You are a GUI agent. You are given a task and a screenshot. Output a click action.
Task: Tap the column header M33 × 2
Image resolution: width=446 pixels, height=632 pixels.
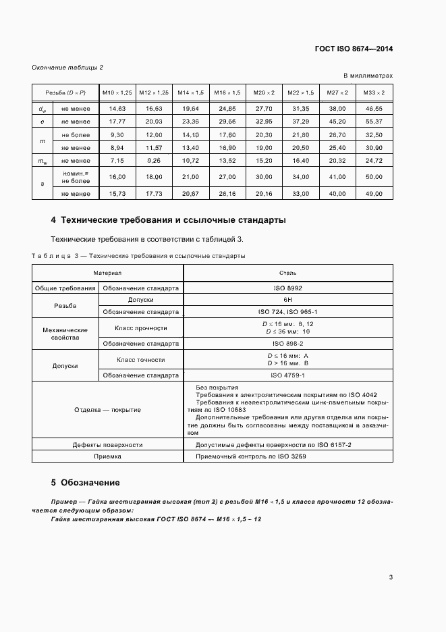(374, 92)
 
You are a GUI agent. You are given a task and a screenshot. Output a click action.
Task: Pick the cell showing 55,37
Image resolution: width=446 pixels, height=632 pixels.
(374, 121)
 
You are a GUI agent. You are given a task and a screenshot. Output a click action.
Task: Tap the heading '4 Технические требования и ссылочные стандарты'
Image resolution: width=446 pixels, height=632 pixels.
(168, 220)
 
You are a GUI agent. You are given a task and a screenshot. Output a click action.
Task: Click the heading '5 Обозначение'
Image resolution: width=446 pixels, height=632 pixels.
(85, 483)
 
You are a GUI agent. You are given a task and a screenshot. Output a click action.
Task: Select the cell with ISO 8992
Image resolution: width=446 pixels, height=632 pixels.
(287, 288)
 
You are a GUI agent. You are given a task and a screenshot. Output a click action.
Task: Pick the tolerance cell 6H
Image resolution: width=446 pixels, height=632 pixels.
(287, 299)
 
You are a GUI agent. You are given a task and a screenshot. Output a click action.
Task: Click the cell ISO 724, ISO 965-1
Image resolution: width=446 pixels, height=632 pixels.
(287, 312)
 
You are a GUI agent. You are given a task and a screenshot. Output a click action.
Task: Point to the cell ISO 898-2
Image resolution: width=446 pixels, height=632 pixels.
(287, 343)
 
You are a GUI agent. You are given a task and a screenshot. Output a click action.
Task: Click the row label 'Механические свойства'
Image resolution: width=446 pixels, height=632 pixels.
(65, 334)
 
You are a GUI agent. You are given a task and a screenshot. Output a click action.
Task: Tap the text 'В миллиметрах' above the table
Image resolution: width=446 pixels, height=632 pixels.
(368, 76)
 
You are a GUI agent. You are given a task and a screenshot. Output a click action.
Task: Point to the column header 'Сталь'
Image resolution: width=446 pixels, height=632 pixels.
(287, 273)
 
